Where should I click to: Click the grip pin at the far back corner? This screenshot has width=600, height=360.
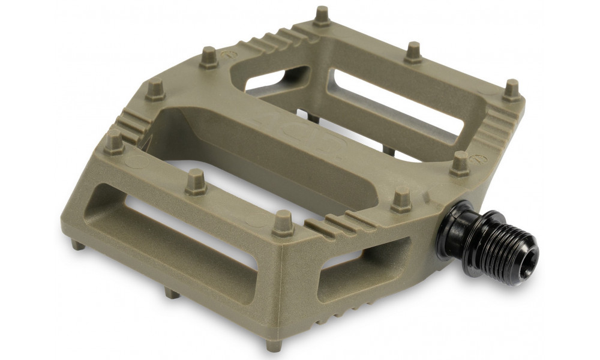(x=322, y=16)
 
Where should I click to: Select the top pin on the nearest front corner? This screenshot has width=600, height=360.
(x=282, y=224)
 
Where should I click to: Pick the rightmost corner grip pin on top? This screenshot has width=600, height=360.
(x=511, y=89)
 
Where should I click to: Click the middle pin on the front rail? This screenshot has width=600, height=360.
(x=195, y=182)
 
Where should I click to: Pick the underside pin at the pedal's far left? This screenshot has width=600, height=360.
(x=76, y=244)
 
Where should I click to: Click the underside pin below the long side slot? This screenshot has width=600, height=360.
(x=172, y=293)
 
